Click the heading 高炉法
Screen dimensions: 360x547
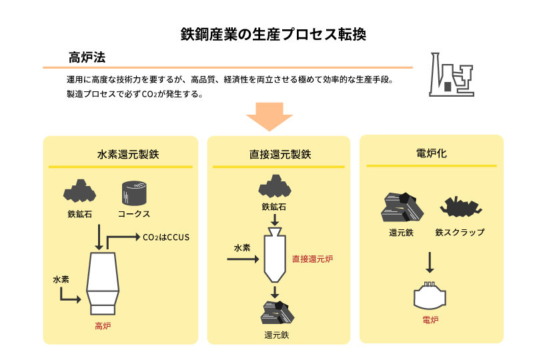click(87, 57)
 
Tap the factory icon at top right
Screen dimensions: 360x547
click(451, 73)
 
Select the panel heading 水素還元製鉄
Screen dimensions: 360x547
click(121, 155)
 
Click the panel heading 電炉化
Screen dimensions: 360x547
click(431, 153)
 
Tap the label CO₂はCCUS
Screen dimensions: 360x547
click(167, 237)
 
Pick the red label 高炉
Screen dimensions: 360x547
click(103, 326)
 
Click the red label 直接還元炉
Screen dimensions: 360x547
click(312, 259)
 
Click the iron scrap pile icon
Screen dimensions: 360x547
click(460, 207)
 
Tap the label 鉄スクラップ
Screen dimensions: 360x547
click(460, 233)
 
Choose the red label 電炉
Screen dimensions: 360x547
click(430, 320)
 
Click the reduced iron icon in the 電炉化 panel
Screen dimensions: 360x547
click(402, 207)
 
